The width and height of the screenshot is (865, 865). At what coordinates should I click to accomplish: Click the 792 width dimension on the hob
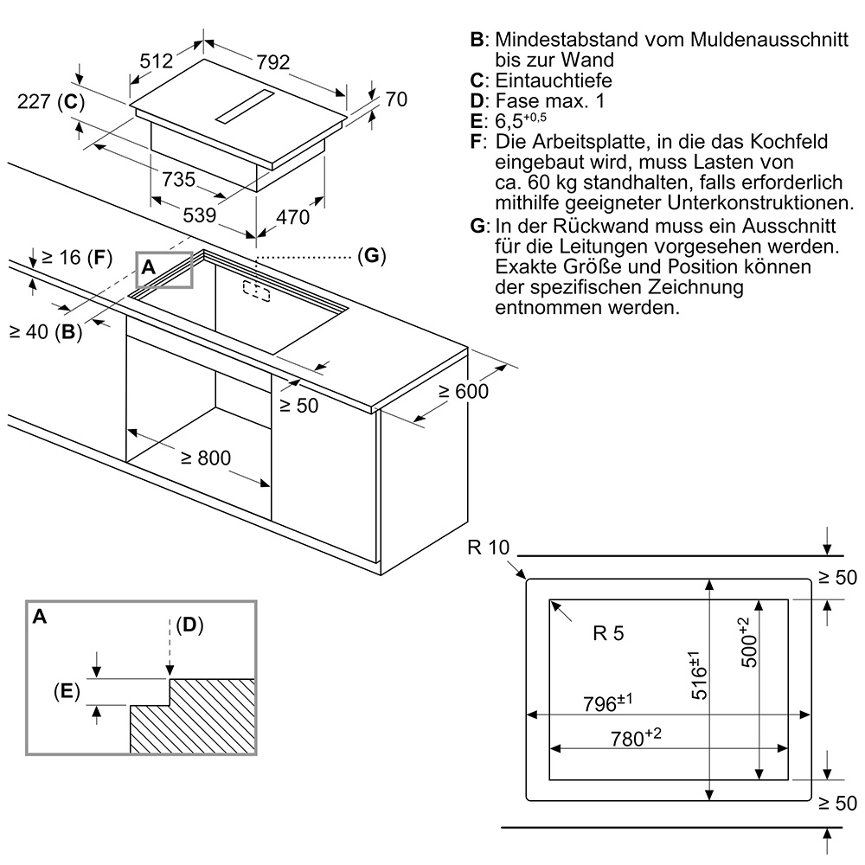click(x=272, y=62)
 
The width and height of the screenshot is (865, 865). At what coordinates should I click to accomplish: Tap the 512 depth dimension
click(x=157, y=61)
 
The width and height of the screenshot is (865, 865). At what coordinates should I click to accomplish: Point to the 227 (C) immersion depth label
click(x=51, y=102)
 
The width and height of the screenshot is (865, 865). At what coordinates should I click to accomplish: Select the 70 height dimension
click(x=395, y=99)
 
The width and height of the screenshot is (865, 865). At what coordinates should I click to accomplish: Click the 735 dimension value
click(x=178, y=180)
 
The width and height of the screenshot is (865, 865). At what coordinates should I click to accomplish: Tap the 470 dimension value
click(x=292, y=217)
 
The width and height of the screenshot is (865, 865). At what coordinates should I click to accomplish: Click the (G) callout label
click(x=369, y=256)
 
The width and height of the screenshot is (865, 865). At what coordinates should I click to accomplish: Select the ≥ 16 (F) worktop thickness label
click(x=77, y=257)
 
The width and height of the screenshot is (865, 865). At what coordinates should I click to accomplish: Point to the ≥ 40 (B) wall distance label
click(x=45, y=330)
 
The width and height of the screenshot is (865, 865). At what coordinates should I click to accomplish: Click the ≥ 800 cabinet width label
click(x=206, y=458)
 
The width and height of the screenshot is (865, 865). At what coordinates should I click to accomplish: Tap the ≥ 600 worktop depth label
click(x=463, y=391)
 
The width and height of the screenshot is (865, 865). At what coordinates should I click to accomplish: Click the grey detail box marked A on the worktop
click(x=164, y=268)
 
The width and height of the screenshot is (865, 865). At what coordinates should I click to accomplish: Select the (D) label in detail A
click(x=189, y=625)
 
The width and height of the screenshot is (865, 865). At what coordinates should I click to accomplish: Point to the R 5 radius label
click(x=608, y=633)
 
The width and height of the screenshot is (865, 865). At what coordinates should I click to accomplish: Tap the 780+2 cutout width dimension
click(x=636, y=737)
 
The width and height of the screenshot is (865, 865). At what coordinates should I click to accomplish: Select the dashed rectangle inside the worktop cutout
click(x=256, y=291)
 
